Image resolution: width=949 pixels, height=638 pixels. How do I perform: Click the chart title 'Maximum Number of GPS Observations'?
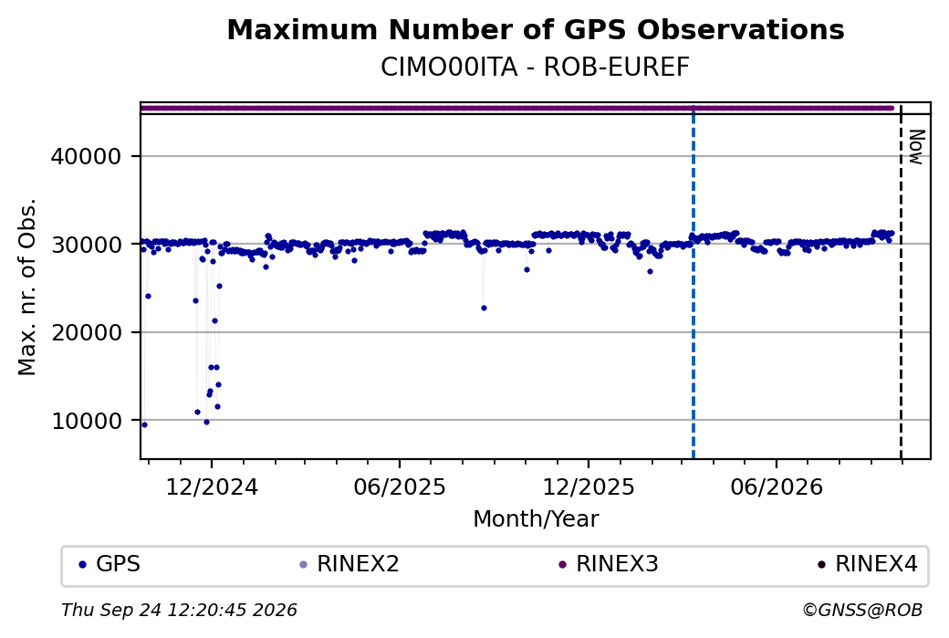536,29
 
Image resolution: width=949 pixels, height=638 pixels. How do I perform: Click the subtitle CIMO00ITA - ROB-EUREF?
535,68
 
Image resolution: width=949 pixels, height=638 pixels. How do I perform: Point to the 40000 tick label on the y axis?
86,157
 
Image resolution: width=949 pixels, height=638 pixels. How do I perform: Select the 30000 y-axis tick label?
86,245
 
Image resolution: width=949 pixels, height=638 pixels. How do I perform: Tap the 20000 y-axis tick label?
86,332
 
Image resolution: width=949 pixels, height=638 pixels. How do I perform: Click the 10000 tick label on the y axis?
86,421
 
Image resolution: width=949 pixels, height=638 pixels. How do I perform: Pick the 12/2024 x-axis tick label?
212,486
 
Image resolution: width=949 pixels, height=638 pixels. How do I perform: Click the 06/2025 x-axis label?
400,486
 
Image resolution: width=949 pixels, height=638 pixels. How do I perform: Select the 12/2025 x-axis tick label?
589,486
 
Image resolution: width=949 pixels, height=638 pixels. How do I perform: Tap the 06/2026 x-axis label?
777,486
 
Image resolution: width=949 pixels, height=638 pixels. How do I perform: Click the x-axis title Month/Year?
536,518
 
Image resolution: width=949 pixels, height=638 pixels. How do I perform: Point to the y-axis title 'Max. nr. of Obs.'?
27,287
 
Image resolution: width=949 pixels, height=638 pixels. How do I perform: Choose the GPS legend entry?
109,564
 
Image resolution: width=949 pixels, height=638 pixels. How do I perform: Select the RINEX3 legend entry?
609,564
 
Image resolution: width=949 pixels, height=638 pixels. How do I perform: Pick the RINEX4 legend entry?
868,564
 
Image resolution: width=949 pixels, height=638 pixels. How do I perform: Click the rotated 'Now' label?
916,147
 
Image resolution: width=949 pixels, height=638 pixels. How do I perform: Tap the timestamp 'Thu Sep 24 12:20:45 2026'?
179,610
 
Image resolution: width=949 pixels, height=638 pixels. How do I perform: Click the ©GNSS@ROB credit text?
862,610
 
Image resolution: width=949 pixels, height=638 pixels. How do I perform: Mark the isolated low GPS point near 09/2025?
484,309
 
